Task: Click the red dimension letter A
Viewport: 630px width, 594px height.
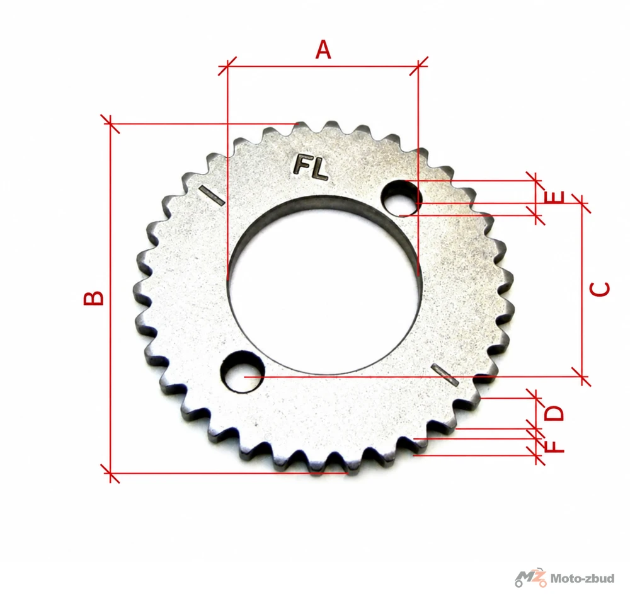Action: click(323, 50)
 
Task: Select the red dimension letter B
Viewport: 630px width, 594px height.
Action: click(93, 298)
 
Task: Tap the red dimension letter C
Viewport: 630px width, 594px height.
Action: click(600, 289)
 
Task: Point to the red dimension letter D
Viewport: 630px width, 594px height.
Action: click(554, 413)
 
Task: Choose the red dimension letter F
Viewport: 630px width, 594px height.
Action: click(555, 446)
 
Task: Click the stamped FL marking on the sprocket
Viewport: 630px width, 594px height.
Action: click(311, 167)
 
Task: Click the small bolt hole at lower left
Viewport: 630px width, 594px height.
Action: click(243, 370)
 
